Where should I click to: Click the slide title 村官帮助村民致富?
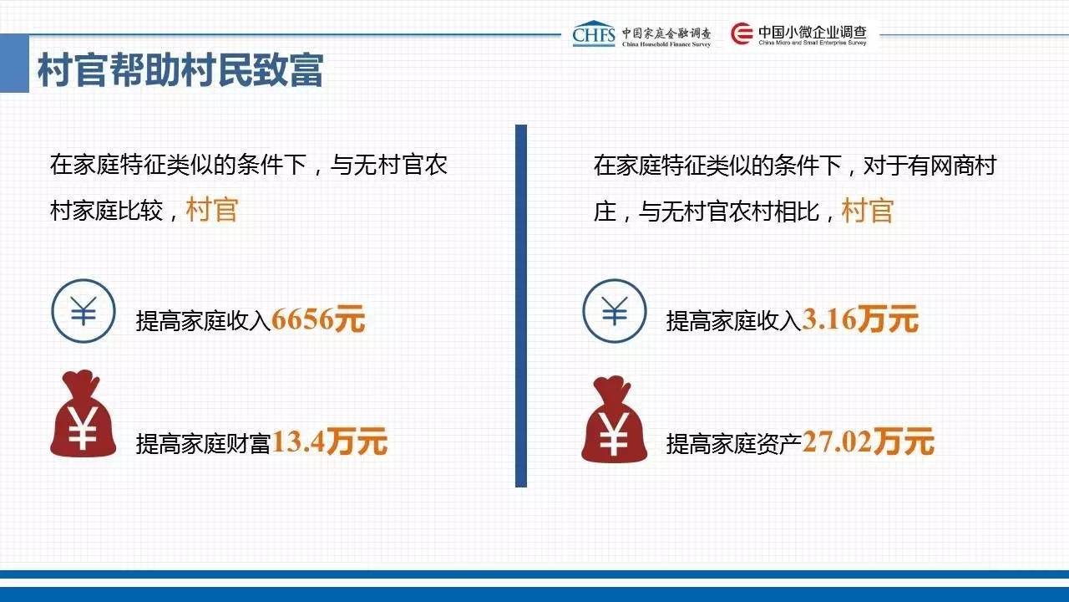pos(180,70)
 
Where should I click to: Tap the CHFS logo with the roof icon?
pos(594,33)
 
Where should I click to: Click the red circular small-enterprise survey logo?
pos(742,33)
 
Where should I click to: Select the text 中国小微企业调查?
pos(813,32)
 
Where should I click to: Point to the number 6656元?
pos(318,319)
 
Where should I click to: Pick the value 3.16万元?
pos(860,319)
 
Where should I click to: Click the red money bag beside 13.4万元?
pos(83,414)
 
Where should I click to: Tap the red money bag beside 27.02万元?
pos(614,420)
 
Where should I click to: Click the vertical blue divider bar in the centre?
pos(521,306)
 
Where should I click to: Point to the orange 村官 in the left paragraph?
pos(212,210)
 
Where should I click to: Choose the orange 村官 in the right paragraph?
pos(868,210)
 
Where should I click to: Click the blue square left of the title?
pos(14,63)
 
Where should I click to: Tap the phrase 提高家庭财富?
pos(203,444)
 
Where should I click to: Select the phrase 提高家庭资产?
pos(733,444)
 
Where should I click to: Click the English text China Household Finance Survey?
pos(666,44)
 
